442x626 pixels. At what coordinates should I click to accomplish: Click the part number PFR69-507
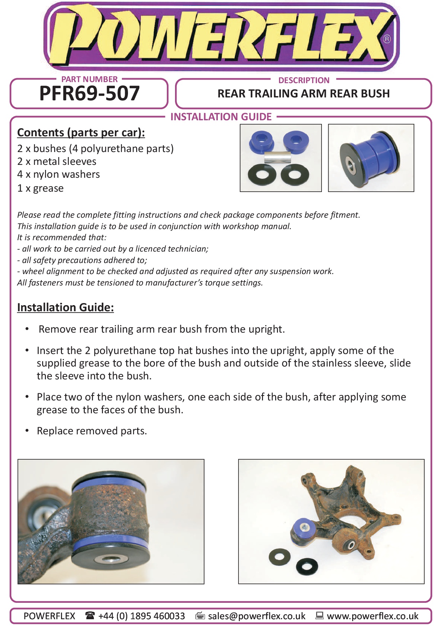click(x=89, y=94)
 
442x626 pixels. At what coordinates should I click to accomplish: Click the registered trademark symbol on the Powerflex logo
click(x=387, y=39)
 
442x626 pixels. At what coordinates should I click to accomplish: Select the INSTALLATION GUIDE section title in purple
click(x=221, y=117)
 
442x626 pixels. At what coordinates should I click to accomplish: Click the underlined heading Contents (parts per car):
click(x=81, y=132)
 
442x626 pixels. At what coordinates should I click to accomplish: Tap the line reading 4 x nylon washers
click(x=59, y=174)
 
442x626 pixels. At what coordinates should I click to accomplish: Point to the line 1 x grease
click(x=41, y=188)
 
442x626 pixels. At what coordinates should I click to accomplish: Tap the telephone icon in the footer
click(x=90, y=615)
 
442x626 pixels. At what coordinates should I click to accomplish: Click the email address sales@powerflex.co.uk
click(x=257, y=616)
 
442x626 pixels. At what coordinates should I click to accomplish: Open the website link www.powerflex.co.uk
click(x=372, y=616)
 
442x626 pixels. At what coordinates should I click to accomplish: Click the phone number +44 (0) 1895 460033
click(x=142, y=616)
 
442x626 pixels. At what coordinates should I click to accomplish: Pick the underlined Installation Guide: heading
click(x=66, y=307)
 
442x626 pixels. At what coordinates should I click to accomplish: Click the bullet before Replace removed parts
click(x=27, y=430)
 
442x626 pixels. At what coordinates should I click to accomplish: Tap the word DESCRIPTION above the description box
click(x=304, y=80)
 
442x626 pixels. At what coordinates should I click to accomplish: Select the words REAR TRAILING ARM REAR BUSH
click(x=304, y=94)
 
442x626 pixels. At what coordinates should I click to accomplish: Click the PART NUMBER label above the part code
click(x=89, y=79)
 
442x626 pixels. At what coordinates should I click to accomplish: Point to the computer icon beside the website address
click(x=319, y=615)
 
